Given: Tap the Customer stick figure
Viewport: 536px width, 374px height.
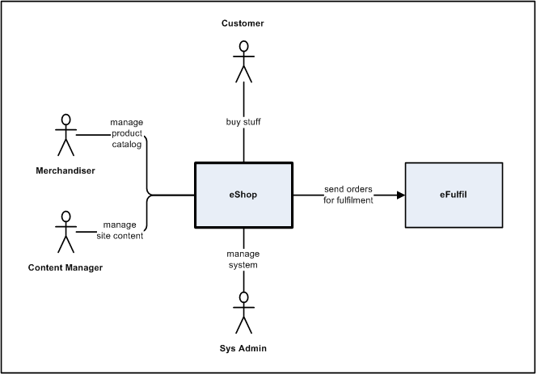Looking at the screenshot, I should pos(243,63).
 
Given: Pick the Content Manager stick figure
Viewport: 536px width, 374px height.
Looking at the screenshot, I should pos(65,233).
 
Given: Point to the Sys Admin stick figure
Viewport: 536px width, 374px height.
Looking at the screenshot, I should pos(243,312).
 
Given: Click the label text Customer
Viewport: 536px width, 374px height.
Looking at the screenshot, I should pos(243,23).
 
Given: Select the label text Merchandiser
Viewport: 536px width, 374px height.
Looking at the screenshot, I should pos(65,170).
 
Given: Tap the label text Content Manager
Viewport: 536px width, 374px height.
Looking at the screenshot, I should pos(65,267).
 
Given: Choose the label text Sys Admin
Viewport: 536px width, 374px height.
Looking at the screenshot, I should pos(243,349).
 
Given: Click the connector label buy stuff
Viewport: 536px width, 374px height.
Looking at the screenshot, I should pos(243,123).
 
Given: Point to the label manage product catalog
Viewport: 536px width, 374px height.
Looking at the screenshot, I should pos(127,133).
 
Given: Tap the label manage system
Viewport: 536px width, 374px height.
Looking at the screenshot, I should pos(243,259).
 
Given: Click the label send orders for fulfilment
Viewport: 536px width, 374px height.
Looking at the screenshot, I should pos(348,195).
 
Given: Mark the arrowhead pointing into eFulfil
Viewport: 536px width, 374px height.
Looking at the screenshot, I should pos(399,195).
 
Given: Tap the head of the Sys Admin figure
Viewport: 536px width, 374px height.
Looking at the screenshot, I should pos(243,297).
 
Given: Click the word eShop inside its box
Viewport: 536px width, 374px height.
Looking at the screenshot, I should pos(243,195).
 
